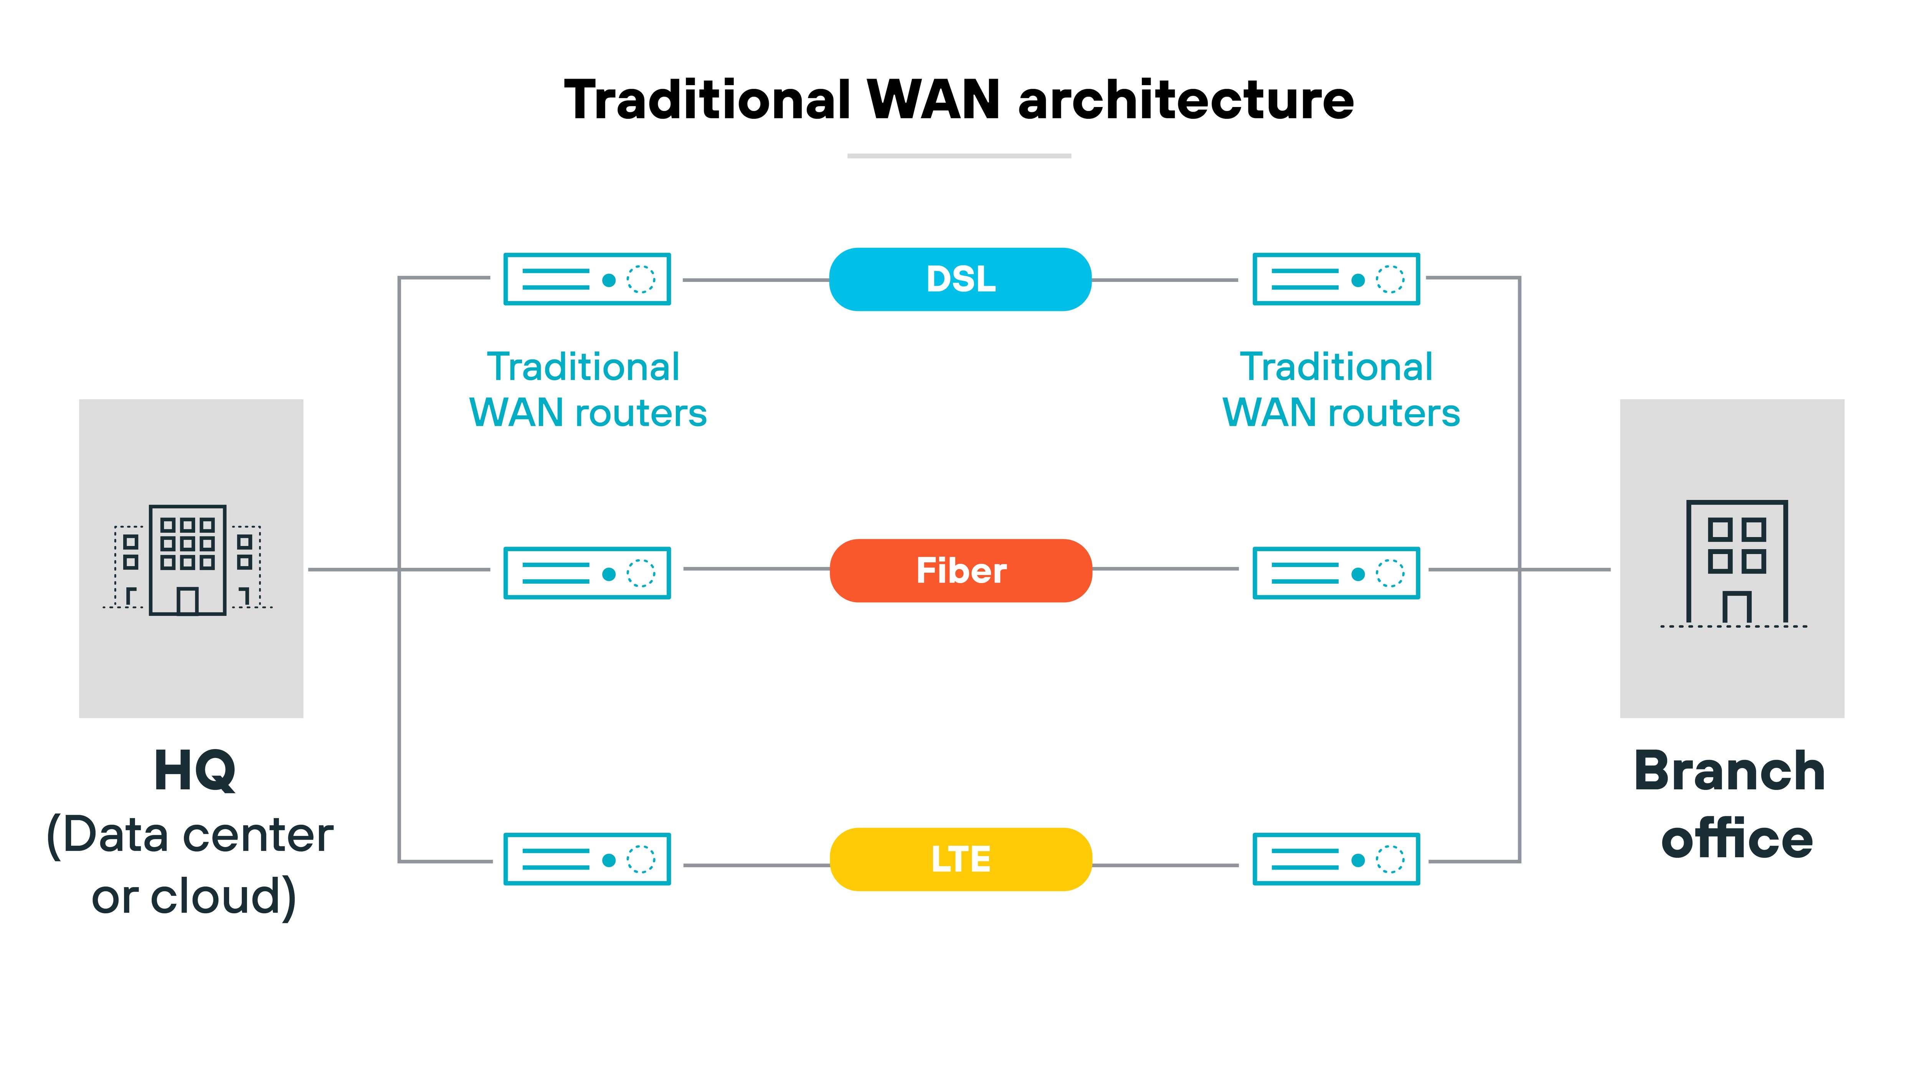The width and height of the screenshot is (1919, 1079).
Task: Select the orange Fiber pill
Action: (x=960, y=570)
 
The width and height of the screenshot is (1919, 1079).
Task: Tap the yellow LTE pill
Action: (x=960, y=859)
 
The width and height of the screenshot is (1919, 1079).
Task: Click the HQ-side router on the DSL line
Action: (x=587, y=279)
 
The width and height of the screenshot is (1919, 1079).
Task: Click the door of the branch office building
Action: (x=1736, y=607)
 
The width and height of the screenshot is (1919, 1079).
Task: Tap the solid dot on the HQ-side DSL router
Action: (x=609, y=280)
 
